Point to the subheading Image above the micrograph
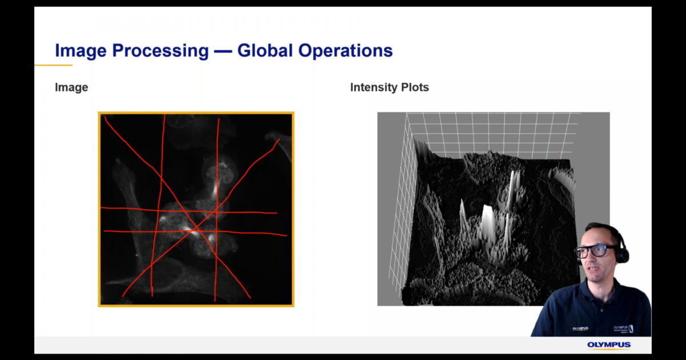pos(71,87)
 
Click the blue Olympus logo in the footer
pos(609,345)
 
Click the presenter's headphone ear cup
pos(623,254)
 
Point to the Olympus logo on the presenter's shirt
pos(580,329)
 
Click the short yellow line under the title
pos(53,65)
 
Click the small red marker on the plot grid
pos(559,152)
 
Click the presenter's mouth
pos(589,269)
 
